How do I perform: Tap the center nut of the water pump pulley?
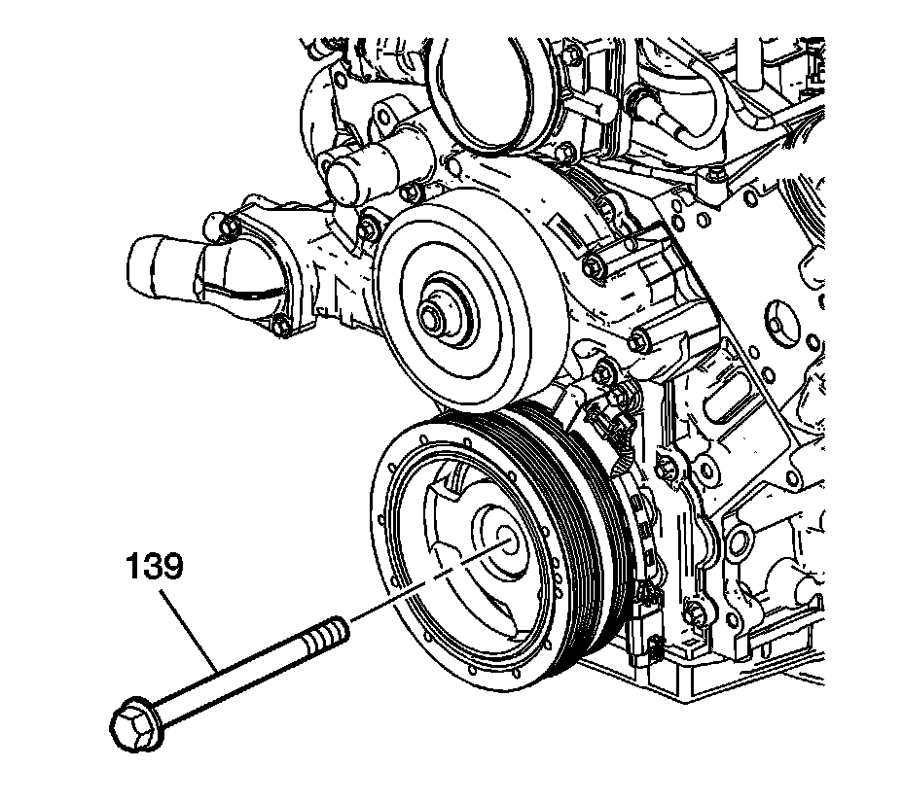tap(431, 316)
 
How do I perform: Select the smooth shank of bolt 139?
tap(234, 676)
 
